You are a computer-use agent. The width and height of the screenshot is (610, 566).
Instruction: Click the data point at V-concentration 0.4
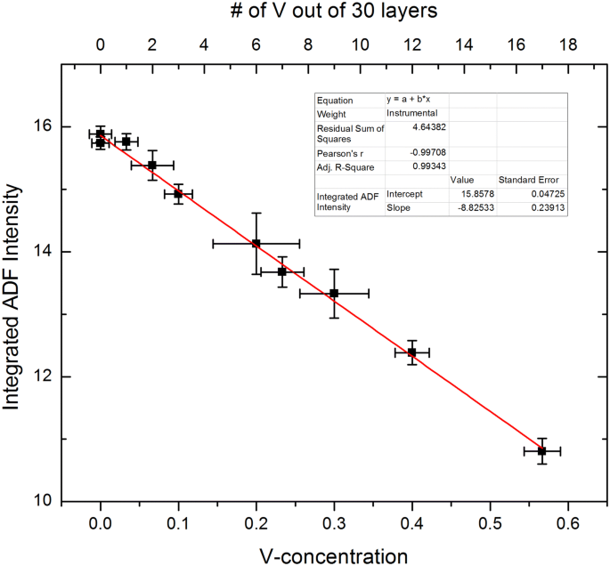pyautogui.click(x=411, y=352)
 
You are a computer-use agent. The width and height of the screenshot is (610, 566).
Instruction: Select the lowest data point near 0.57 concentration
pyautogui.click(x=541, y=451)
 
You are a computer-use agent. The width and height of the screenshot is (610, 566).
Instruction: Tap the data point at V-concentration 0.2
pyautogui.click(x=256, y=243)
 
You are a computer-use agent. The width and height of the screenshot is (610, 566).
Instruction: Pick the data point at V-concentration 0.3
pyautogui.click(x=334, y=293)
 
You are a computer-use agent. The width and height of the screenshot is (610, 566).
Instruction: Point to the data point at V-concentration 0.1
pyautogui.click(x=178, y=193)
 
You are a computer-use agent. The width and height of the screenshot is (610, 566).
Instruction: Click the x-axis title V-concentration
pyautogui.click(x=334, y=554)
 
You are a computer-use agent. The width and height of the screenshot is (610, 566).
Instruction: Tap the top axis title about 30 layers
pyautogui.click(x=334, y=12)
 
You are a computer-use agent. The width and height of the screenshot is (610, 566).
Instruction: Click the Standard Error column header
pyautogui.click(x=532, y=180)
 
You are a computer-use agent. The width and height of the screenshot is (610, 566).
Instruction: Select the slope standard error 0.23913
pyautogui.click(x=546, y=208)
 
